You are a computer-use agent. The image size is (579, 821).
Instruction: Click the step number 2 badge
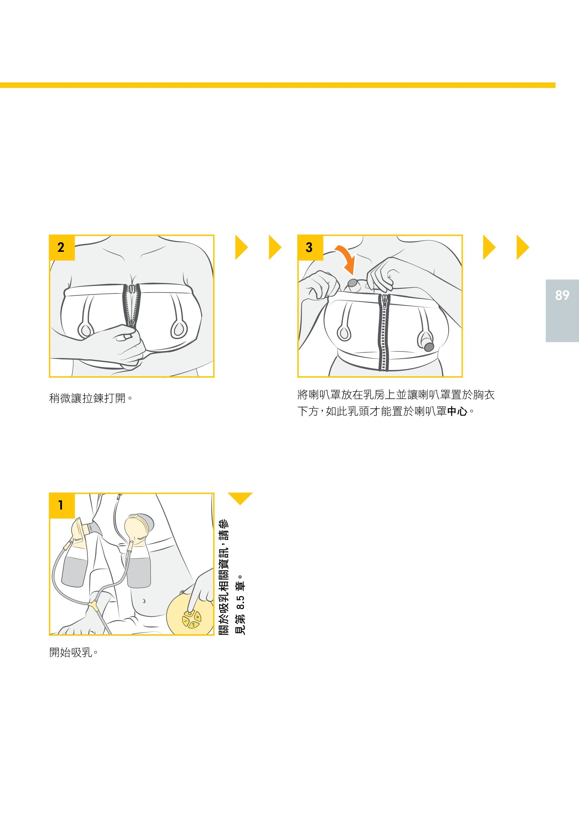tap(62, 248)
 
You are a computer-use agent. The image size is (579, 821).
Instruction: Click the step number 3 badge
tap(310, 248)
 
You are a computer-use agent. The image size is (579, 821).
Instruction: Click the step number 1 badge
tap(62, 506)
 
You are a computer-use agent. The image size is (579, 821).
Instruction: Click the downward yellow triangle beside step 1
tap(240, 498)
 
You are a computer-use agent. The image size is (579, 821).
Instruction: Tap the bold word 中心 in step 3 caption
tap(457, 411)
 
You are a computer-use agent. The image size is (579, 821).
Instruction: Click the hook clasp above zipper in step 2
tap(132, 288)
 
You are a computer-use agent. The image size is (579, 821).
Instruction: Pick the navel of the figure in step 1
tap(144, 601)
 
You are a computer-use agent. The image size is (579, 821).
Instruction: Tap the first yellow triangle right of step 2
tap(241, 248)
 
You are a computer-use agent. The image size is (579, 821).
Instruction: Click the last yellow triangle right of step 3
tap(523, 248)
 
